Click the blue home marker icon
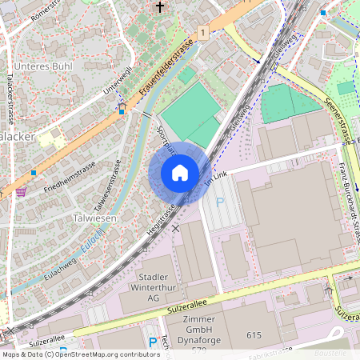180,173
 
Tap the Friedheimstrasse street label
70,177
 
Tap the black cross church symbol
160,9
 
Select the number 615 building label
255,335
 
